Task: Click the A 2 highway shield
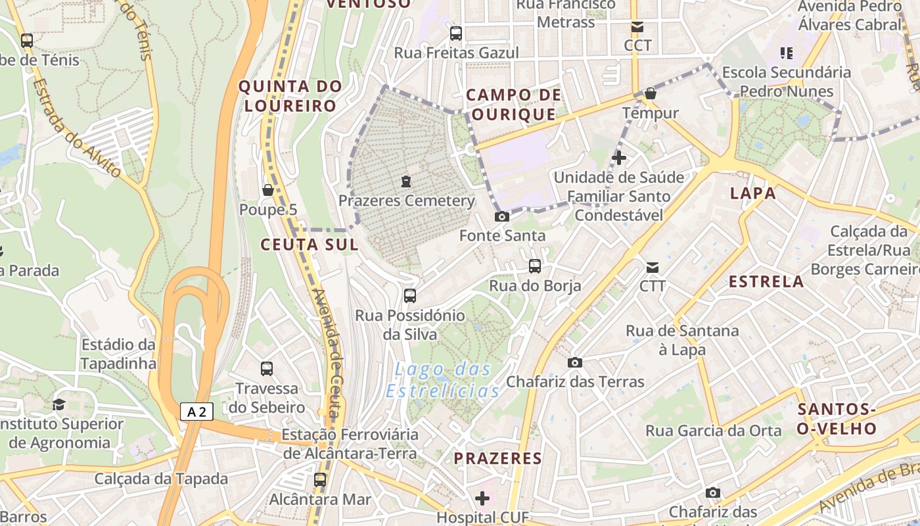coord(196,412)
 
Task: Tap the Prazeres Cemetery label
coord(406,201)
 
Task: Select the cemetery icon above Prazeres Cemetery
coord(406,181)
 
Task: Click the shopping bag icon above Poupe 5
coord(267,190)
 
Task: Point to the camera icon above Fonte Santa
coord(502,216)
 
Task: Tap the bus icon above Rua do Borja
coord(535,266)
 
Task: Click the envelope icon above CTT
coord(653,267)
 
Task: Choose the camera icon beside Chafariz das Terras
coord(575,362)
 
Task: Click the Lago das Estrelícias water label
coord(442,380)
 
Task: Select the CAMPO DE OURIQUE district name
coord(514,105)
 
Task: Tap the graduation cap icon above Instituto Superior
coord(59,404)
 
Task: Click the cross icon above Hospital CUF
coord(482,498)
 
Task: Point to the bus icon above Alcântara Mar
coord(320,480)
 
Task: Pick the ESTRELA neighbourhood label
coord(766,281)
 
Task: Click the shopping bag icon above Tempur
coord(651,93)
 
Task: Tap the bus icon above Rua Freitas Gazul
coord(456,33)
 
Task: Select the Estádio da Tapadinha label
coord(119,354)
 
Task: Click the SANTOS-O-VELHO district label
coord(837,419)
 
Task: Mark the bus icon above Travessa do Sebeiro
coord(267,369)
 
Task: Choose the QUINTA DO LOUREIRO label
coord(290,95)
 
